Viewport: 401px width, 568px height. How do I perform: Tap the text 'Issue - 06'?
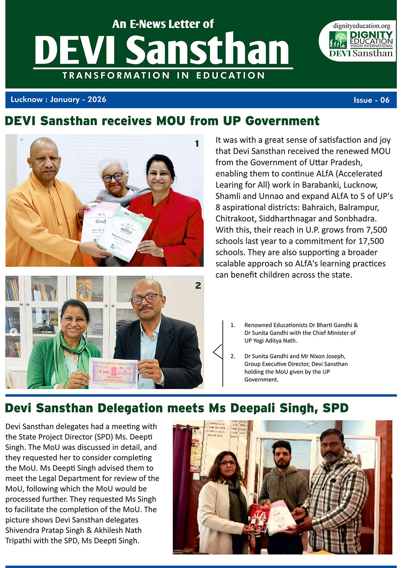(371, 100)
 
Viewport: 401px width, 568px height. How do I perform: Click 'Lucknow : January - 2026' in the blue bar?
(58, 100)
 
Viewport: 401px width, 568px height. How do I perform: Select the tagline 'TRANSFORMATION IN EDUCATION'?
(163, 76)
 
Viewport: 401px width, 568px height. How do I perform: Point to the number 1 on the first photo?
(196, 143)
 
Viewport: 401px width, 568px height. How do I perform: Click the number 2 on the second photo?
(198, 286)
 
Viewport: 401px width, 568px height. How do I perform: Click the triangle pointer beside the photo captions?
(218, 351)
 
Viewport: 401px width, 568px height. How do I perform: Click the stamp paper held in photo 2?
(113, 373)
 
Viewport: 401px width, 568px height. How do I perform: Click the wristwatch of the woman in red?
(162, 252)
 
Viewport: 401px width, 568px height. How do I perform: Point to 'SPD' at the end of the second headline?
(336, 408)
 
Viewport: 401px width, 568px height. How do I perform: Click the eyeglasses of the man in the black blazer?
(145, 299)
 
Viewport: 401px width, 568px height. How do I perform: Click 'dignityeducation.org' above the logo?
(361, 26)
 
